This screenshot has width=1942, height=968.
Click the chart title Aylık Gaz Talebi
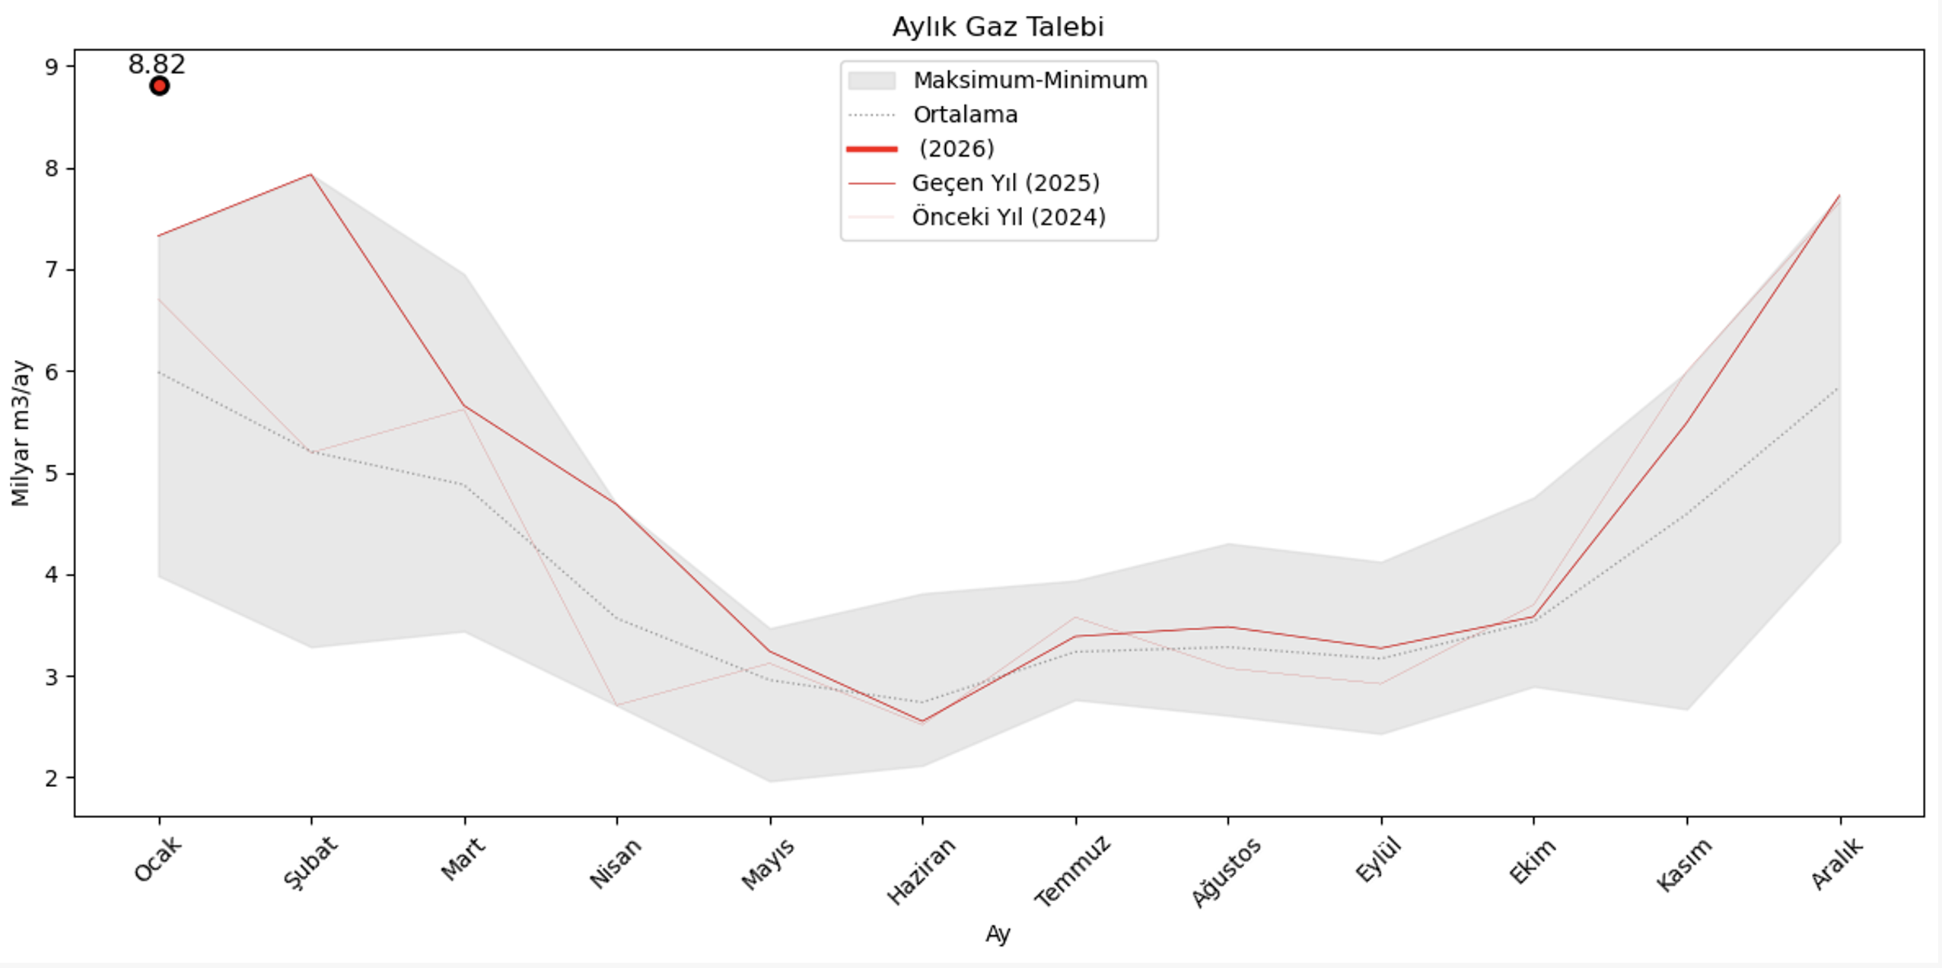pos(998,27)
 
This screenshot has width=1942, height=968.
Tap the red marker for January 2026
pos(159,86)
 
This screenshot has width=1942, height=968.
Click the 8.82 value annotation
pos(157,65)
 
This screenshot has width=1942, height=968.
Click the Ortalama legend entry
pos(965,114)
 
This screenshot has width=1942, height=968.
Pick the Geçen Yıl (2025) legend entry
pos(1005,183)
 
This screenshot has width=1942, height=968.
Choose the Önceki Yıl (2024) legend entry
pos(1008,217)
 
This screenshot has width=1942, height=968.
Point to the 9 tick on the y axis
pos(51,67)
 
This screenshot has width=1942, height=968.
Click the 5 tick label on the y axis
pos(51,473)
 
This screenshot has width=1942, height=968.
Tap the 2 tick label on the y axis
pos(51,779)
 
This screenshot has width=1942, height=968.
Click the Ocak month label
pos(158,859)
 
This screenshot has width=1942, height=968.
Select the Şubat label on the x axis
pos(310,862)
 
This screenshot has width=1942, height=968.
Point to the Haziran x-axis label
pos(921,871)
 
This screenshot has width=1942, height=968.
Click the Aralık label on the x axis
pos(1837,864)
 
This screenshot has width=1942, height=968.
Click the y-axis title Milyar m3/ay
pos(21,433)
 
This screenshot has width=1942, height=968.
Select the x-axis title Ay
pos(998,935)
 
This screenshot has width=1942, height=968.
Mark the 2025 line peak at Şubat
pos(311,175)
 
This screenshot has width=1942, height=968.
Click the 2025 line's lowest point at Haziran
pos(922,721)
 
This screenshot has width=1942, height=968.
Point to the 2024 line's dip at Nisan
pos(617,705)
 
